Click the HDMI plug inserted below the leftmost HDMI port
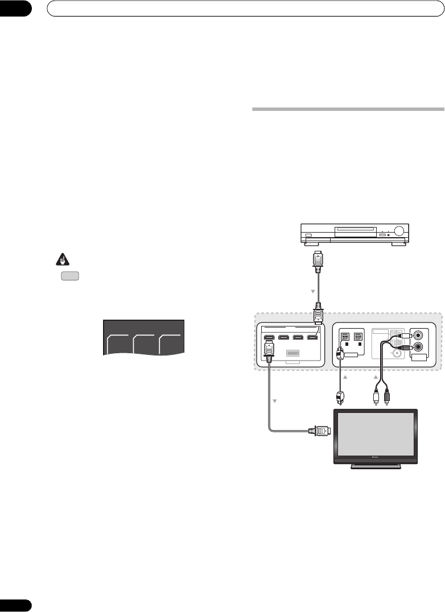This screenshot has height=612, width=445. coord(269,350)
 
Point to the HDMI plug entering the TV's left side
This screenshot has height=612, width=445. coord(319,431)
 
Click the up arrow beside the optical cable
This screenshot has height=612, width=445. coord(344,377)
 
